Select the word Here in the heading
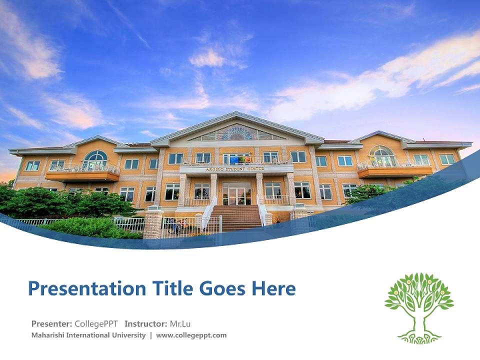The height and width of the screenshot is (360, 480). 274,288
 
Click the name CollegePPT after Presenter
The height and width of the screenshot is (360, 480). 96,323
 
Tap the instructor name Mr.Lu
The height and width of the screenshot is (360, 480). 180,323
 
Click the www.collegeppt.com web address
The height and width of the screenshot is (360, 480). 191,335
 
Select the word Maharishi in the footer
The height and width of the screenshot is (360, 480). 48,335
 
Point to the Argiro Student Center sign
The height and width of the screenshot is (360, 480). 236,169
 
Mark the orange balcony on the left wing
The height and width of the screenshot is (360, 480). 82,174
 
